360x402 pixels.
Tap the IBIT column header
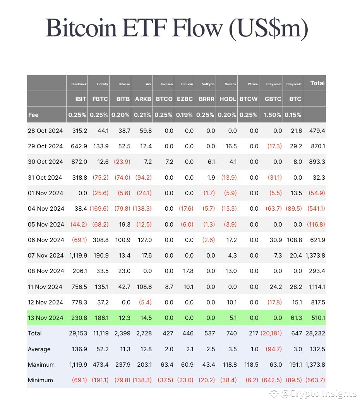tap(81, 99)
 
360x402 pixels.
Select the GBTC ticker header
tap(273, 99)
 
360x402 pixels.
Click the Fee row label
tap(34, 115)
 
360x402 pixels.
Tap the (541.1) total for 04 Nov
tap(316, 209)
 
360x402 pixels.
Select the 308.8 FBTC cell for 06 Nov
tap(100, 240)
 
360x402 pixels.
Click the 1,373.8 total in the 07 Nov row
tap(315, 256)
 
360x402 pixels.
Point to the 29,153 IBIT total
tap(78, 333)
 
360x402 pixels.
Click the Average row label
tap(39, 349)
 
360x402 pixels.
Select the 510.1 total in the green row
tap(317, 318)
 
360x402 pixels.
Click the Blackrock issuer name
tap(79, 84)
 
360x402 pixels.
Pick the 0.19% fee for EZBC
tap(185, 115)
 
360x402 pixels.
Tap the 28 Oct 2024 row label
tap(45, 131)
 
